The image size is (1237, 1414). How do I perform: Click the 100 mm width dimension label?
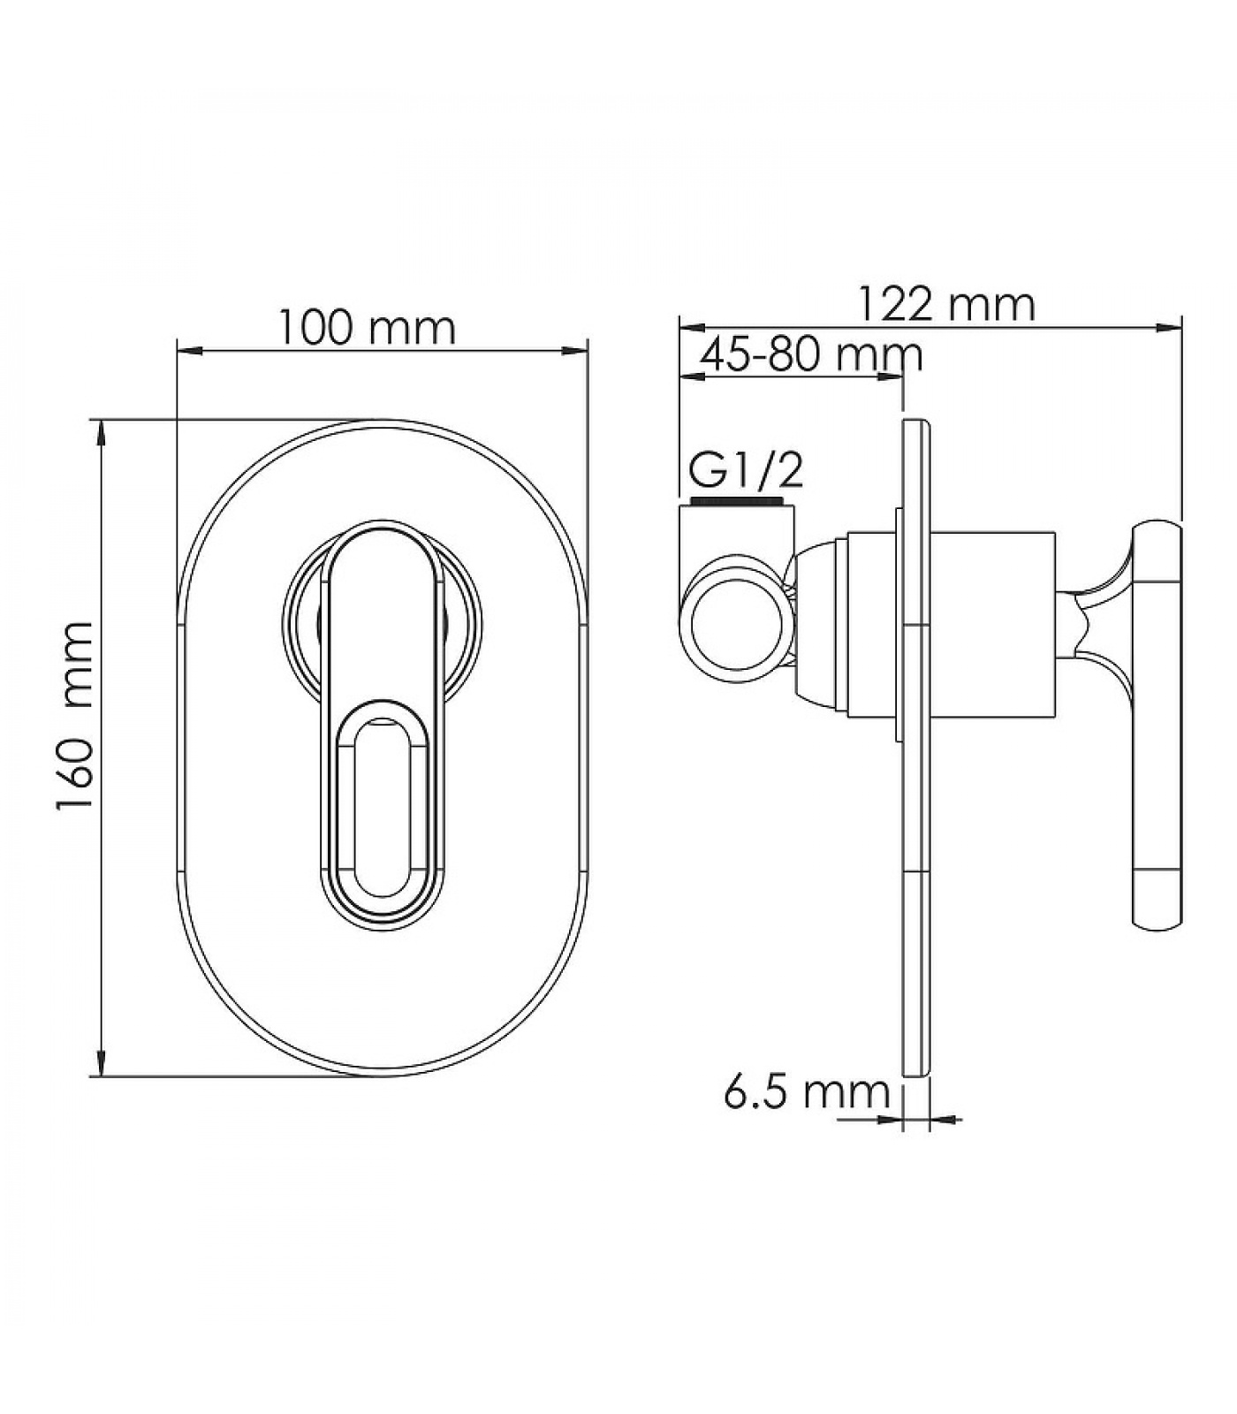point(368,328)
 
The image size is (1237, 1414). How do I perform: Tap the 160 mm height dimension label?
point(75,716)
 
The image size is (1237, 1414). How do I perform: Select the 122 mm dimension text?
point(947,305)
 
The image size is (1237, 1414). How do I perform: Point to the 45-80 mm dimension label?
point(811,354)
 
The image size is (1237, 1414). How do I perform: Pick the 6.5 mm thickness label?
point(807,1092)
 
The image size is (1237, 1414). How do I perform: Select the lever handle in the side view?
point(1157,725)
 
